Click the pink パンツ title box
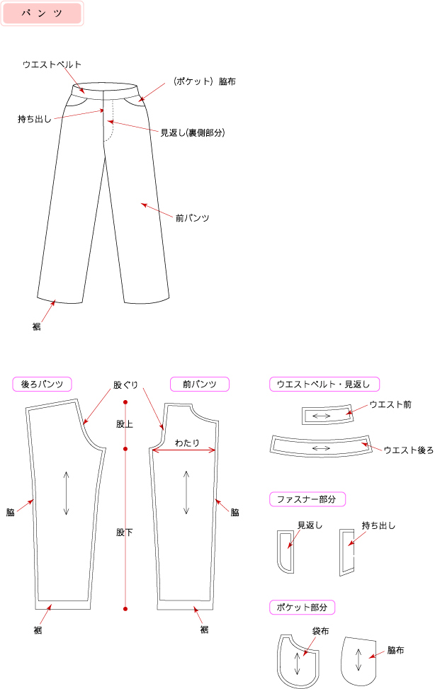click(42, 13)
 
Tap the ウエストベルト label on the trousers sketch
click(52, 64)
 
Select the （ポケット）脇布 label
click(203, 81)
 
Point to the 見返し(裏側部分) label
click(193, 132)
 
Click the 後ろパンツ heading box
click(42, 384)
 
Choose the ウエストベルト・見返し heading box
click(324, 384)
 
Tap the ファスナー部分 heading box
click(307, 499)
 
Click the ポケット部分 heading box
click(303, 608)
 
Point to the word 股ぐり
click(126, 385)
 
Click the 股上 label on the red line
click(125, 424)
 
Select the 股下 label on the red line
click(125, 532)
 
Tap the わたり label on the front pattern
click(187, 443)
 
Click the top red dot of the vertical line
click(125, 402)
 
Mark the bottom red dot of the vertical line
click(125, 608)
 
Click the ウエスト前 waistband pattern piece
click(329, 415)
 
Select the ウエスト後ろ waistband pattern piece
click(321, 448)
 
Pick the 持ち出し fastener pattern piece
click(347, 552)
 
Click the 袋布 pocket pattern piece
click(298, 661)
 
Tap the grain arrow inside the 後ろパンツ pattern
click(66, 493)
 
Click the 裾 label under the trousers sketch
click(37, 326)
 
